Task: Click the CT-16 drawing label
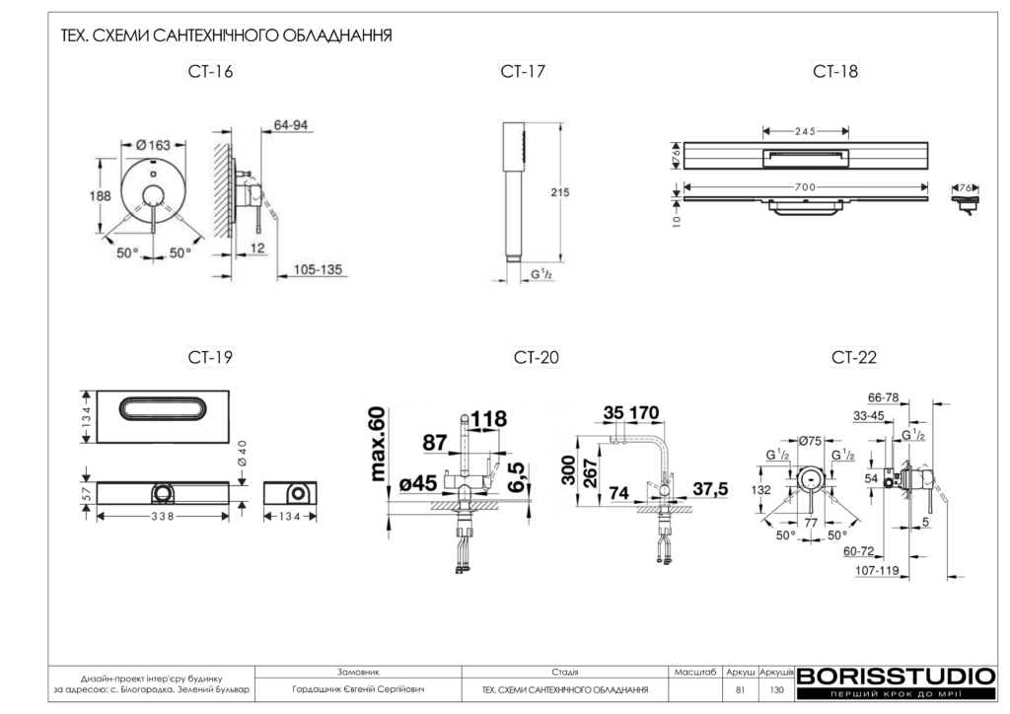(x=210, y=71)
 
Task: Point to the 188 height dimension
(x=101, y=196)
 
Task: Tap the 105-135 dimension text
(x=318, y=268)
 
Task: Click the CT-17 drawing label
(x=523, y=71)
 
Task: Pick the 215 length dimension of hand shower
(x=559, y=193)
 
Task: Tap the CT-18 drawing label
(x=835, y=71)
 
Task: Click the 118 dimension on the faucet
(x=488, y=419)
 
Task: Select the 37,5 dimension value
(x=710, y=490)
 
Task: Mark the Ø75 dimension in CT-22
(x=813, y=441)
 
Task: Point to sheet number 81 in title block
(x=740, y=689)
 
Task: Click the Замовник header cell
(x=358, y=671)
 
